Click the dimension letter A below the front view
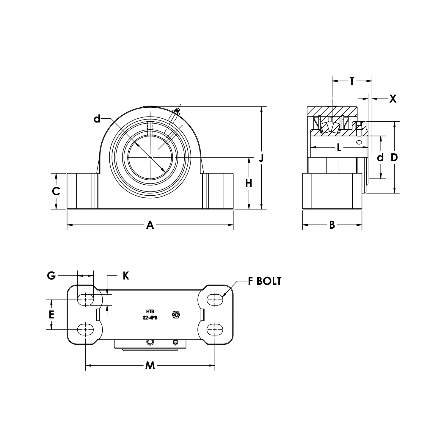(x=150, y=225)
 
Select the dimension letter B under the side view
(x=332, y=225)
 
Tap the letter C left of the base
(x=56, y=191)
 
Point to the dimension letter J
(x=261, y=158)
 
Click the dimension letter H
(x=249, y=183)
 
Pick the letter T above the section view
(x=352, y=81)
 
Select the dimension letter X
(x=393, y=99)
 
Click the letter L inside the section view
(x=339, y=147)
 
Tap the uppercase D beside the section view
(x=394, y=157)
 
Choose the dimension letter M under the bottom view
(x=150, y=365)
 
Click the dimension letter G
(x=51, y=276)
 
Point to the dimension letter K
(x=126, y=276)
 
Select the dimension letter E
(x=51, y=314)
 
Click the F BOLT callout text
(x=265, y=281)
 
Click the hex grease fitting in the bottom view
(x=176, y=315)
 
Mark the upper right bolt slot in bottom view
(x=215, y=300)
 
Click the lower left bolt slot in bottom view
(x=85, y=329)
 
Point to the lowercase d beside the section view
(x=380, y=157)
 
